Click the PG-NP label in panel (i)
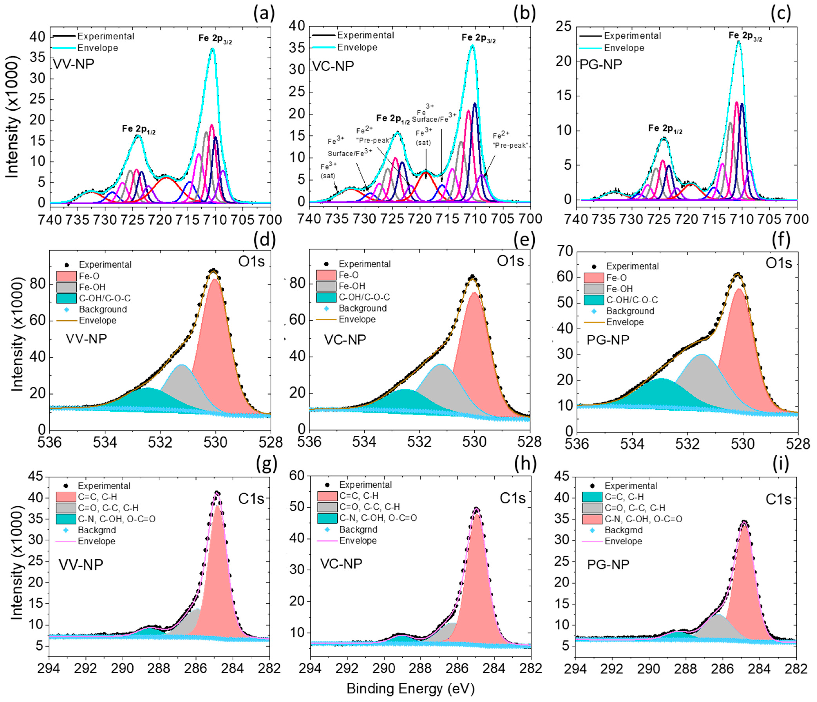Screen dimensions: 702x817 [608, 564]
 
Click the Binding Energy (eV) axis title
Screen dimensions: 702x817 [410, 689]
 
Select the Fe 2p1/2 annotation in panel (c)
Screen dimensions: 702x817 [665, 129]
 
